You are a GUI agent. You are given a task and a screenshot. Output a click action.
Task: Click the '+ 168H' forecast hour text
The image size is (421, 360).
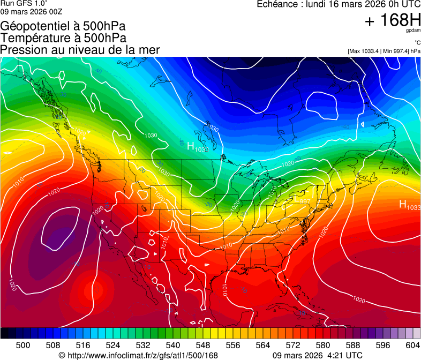tap(392, 21)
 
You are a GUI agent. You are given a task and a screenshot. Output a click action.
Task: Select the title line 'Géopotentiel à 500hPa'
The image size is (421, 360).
tap(63, 26)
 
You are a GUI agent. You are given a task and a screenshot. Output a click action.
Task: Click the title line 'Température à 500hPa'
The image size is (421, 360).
tap(63, 38)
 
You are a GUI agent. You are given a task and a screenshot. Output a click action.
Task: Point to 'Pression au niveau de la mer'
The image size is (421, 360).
tap(80, 50)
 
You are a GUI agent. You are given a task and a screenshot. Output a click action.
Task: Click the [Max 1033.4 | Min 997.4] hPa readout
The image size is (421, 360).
tap(384, 51)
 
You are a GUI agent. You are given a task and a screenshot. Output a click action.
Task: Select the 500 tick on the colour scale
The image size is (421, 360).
tap(23, 345)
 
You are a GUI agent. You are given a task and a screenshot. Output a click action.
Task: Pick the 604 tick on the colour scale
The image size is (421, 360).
tap(412, 345)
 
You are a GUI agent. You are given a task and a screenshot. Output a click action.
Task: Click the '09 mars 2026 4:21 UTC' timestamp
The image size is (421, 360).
tap(317, 355)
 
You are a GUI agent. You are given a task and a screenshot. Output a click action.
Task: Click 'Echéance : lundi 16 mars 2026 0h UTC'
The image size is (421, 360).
tap(339, 4)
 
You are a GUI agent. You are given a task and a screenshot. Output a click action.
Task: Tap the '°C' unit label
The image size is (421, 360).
tap(417, 43)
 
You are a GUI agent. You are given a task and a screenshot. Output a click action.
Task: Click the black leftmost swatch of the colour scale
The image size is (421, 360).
tap(4, 333)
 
